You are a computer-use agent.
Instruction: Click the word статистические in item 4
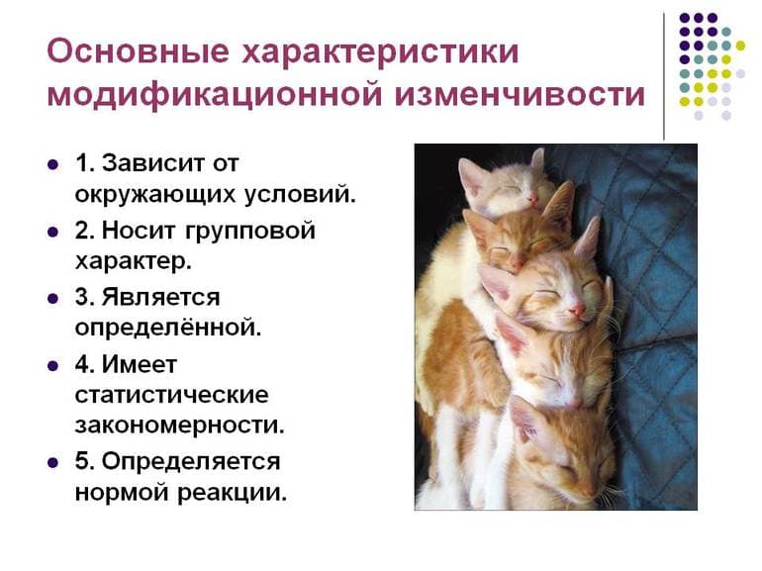point(171,395)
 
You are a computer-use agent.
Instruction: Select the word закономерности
point(179,427)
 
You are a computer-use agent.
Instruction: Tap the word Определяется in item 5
point(191,461)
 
